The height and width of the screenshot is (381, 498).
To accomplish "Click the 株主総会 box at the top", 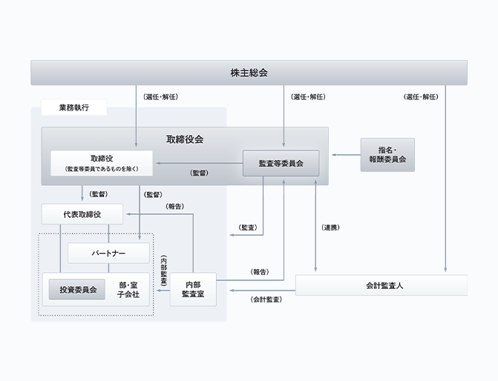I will click(249, 73).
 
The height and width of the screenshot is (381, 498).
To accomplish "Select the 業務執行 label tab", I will click(74, 108).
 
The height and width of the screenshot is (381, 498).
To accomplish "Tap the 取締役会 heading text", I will click(185, 139).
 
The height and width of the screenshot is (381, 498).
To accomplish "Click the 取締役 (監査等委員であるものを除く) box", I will click(101, 163).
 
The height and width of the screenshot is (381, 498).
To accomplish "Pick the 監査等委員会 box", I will click(281, 163).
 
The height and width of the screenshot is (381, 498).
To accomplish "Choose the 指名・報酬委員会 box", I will click(387, 154).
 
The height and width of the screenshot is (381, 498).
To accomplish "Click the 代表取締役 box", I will click(82, 214).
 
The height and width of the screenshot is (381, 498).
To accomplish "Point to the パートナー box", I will click(109, 253).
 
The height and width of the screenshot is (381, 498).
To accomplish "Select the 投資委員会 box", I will click(78, 290).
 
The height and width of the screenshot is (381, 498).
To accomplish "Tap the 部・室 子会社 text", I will click(128, 290).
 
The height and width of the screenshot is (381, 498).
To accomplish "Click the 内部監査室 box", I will click(193, 289).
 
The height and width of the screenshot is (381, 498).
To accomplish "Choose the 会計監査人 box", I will click(381, 285).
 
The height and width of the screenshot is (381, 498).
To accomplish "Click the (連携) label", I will click(331, 227).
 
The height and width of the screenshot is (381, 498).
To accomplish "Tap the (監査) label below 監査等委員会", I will click(248, 227).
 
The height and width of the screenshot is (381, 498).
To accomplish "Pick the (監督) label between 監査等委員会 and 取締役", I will click(199, 173).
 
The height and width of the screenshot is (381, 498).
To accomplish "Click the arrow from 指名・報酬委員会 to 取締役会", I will click(344, 155).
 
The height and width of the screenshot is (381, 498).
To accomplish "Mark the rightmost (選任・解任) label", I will click(422, 96).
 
